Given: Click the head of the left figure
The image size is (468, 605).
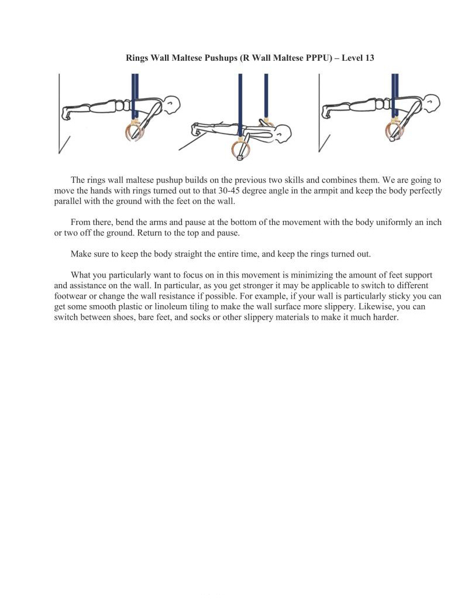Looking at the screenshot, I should pos(171,105).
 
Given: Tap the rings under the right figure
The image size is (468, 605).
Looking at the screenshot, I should pos(394,131).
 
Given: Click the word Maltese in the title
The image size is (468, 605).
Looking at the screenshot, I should pos(185,58).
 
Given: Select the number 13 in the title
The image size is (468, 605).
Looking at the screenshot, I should pos(369,58).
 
